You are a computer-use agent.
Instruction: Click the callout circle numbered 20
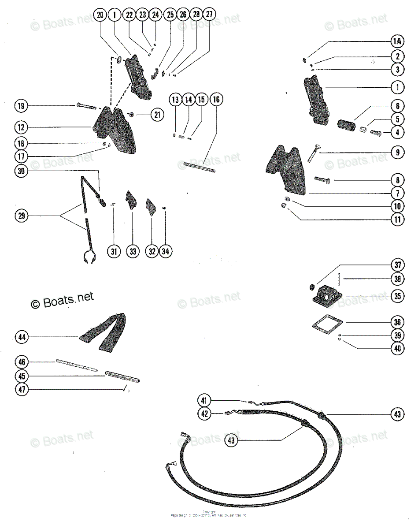point(100,15)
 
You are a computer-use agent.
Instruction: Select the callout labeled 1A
point(397,42)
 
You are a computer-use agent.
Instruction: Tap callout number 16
point(216,100)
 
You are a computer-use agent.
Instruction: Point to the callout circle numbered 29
point(21,216)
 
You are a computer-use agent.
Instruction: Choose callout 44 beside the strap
point(21,338)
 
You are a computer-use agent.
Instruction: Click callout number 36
point(397,322)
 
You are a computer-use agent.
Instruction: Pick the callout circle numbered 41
point(204,401)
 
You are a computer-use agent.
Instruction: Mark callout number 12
point(21,128)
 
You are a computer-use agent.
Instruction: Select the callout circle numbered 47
point(21,389)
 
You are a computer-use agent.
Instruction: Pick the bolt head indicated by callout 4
point(376,132)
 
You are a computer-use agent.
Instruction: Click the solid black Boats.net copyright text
point(62,300)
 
